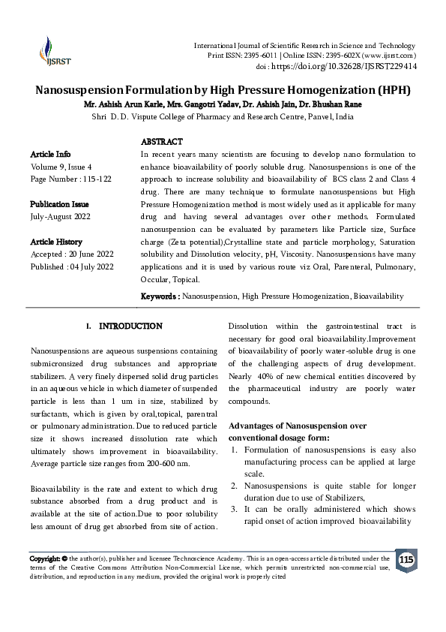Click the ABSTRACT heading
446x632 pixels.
162,141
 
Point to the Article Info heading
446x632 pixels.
51,153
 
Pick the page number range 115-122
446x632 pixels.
96,179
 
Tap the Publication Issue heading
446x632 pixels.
59,204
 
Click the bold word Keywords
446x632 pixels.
159,296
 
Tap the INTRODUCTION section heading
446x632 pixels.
130,327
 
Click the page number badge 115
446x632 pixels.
406,560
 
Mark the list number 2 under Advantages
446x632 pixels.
235,486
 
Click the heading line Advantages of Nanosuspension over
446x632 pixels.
298,426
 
